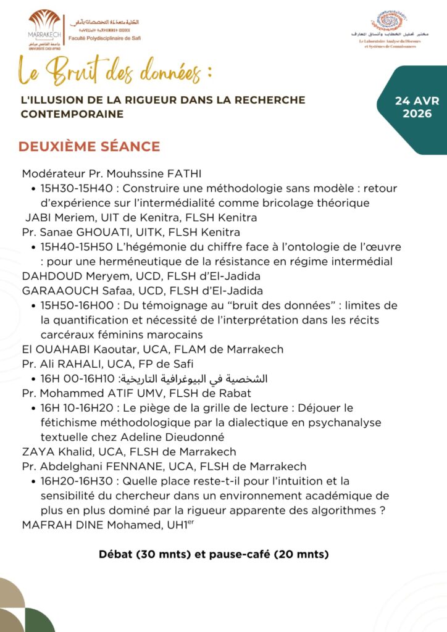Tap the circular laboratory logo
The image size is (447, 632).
[389, 22]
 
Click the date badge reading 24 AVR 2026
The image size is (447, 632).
[417, 107]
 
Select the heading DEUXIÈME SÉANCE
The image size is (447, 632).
[90, 147]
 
